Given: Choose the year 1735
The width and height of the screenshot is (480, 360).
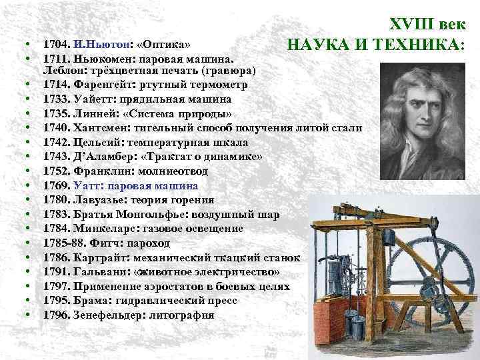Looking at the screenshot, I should (55, 114).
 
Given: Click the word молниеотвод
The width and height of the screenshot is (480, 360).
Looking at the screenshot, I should (174, 171).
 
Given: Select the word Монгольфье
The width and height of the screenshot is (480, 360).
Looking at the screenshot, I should (154, 214).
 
